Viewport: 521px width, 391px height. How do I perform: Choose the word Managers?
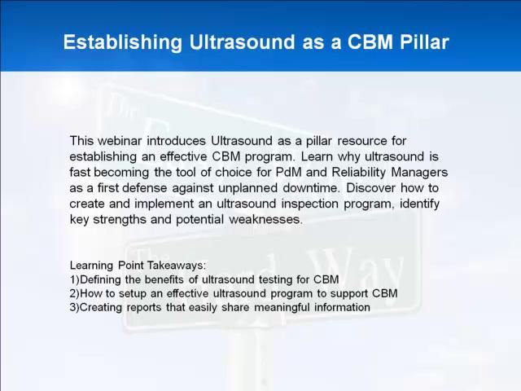[x=419, y=172]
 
